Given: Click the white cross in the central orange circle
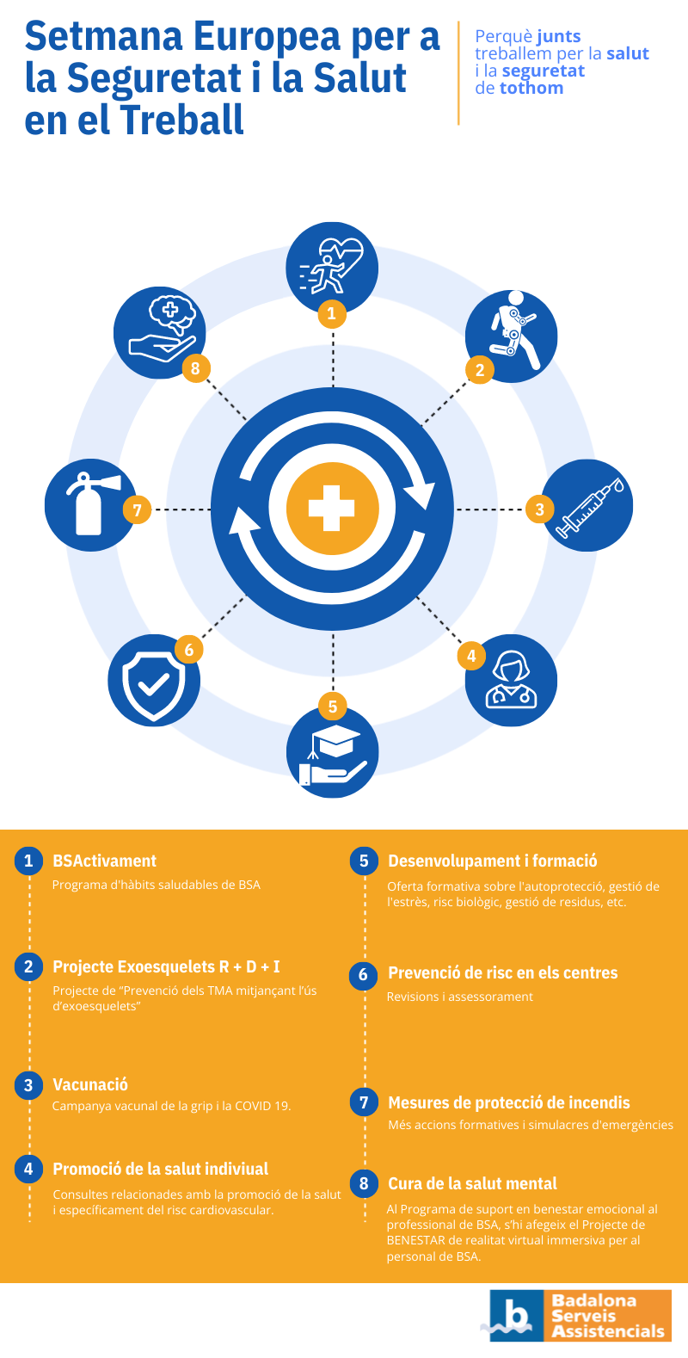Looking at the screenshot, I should [332, 509].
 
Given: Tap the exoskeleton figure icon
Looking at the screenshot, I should [511, 330].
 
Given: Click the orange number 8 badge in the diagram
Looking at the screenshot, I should [195, 369].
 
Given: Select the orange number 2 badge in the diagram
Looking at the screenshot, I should [480, 370].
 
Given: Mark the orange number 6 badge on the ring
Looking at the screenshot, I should [189, 649].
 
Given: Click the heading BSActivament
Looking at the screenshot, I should [104, 861].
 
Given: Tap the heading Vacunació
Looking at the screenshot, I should [90, 1084].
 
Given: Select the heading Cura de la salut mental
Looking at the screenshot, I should [472, 1183].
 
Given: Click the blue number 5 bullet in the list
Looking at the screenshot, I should [363, 861].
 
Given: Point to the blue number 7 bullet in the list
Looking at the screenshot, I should [364, 1102].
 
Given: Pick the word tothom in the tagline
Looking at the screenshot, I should [531, 88].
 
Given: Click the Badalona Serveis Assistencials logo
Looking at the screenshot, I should [580, 1315].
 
